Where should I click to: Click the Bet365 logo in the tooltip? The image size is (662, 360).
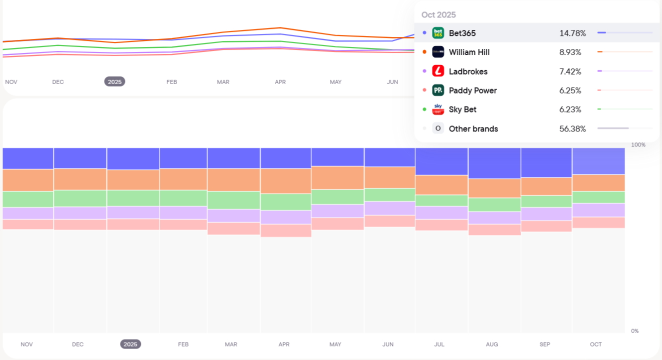pyautogui.click(x=438, y=33)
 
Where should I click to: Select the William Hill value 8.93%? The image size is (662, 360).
pyautogui.click(x=570, y=52)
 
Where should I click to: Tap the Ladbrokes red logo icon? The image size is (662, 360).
pyautogui.click(x=438, y=71)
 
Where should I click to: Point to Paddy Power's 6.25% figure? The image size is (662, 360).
pyautogui.click(x=570, y=91)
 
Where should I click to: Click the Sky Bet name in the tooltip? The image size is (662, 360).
pyautogui.click(x=463, y=110)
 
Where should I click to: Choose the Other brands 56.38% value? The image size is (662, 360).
pyautogui.click(x=572, y=129)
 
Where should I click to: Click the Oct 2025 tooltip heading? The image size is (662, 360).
pyautogui.click(x=439, y=15)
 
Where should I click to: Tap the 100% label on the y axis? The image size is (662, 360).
pyautogui.click(x=638, y=145)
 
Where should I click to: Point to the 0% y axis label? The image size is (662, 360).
pyautogui.click(x=635, y=331)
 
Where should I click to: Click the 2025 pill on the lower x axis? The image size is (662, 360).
pyautogui.click(x=130, y=344)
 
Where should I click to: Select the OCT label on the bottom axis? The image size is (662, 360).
pyautogui.click(x=596, y=345)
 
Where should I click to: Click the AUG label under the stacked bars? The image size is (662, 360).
pyautogui.click(x=492, y=345)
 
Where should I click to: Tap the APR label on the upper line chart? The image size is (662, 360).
pyautogui.click(x=280, y=82)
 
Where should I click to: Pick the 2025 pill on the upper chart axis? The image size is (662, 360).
pyautogui.click(x=114, y=82)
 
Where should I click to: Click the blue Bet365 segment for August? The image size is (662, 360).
pyautogui.click(x=494, y=163)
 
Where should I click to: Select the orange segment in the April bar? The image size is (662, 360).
pyautogui.click(x=285, y=181)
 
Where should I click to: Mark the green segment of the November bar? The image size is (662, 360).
pyautogui.click(x=28, y=199)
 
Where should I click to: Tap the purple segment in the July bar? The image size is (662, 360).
pyautogui.click(x=441, y=213)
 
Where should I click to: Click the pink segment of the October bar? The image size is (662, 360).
pyautogui.click(x=598, y=223)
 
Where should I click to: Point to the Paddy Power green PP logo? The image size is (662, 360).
pyautogui.click(x=438, y=91)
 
